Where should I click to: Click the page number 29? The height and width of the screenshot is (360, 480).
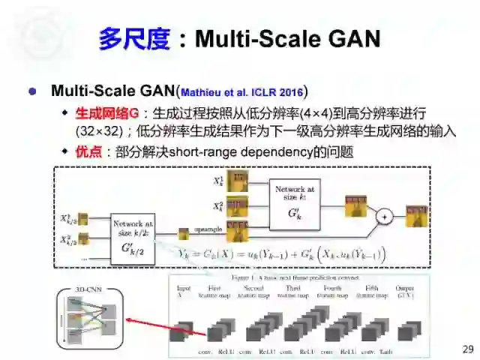[468, 349]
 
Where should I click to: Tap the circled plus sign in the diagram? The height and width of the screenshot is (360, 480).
[385, 216]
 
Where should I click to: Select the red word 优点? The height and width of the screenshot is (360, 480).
[91, 152]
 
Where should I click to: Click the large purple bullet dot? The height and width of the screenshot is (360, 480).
[31, 91]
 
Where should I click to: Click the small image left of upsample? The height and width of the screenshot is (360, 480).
[183, 234]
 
